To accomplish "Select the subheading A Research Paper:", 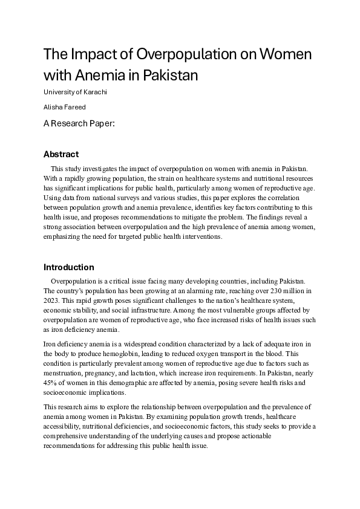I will click(79, 123).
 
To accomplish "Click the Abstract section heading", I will click(61, 154).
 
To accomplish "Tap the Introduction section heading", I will click(69, 267).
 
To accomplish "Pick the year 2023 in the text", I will click(53, 300).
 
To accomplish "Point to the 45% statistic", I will click(51, 383).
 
